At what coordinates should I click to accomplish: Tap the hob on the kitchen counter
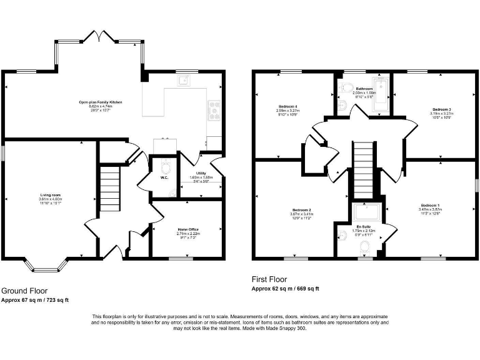214,109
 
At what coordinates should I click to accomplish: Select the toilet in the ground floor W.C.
166,167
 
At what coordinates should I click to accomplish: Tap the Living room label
49,195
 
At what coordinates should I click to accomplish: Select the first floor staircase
362,161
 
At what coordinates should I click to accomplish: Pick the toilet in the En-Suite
364,249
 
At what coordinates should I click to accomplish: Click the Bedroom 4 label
287,107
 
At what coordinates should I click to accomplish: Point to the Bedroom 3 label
441,109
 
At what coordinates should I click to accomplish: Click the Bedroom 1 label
430,206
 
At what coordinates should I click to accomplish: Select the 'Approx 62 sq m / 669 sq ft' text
285,289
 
